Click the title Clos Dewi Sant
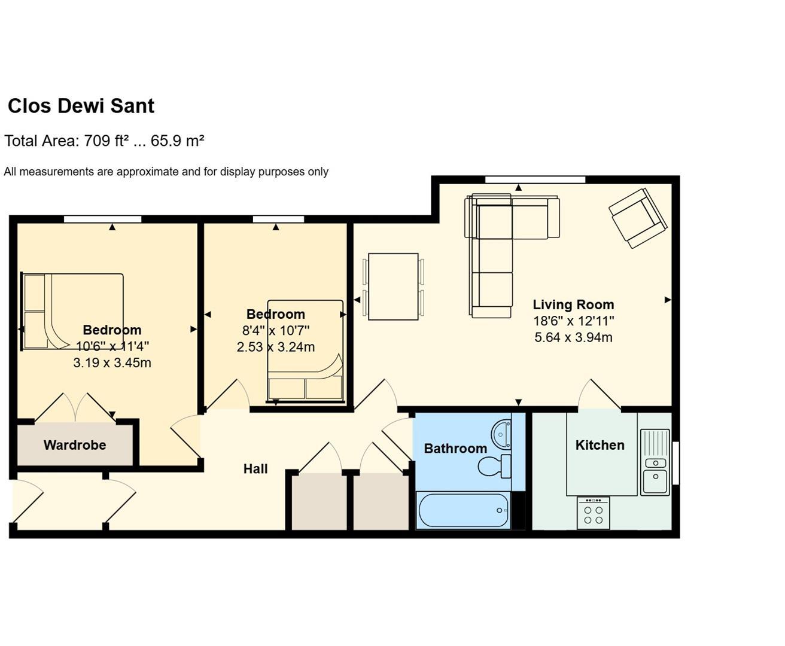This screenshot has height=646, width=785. click(81, 106)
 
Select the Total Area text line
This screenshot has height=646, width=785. click(104, 141)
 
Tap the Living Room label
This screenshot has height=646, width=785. click(573, 304)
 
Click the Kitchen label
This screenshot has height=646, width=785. click(600, 445)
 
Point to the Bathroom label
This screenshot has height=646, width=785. click(455, 449)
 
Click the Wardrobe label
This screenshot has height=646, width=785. click(75, 445)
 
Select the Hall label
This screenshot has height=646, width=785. click(255, 469)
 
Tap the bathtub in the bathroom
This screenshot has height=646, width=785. click(463, 510)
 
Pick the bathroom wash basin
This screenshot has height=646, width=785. click(501, 432)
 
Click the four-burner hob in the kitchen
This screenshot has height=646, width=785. click(593, 513)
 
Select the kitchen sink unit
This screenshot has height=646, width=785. click(655, 462)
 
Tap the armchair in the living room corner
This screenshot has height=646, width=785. click(637, 218)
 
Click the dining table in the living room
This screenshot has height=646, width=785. click(393, 287)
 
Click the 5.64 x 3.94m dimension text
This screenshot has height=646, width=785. click(573, 337)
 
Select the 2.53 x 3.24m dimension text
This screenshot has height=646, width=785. click(275, 347)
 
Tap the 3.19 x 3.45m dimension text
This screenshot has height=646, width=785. click(112, 362)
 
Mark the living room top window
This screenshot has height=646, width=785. click(535, 179)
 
